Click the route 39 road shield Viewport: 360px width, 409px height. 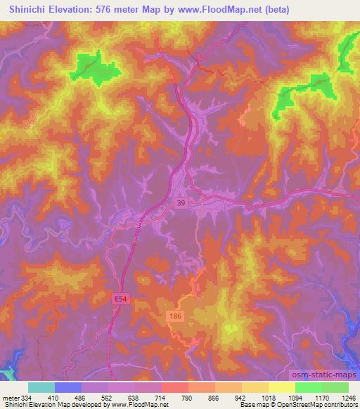(181, 202)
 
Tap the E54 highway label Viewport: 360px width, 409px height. (123, 300)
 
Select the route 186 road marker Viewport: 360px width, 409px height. (176, 318)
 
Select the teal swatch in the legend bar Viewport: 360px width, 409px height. (41, 387)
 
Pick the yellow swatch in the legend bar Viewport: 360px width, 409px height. (281, 387)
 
